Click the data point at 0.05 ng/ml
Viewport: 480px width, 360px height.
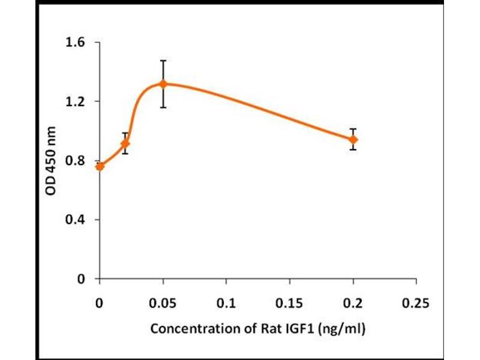[163, 84]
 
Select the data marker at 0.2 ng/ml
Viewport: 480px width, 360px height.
[353, 139]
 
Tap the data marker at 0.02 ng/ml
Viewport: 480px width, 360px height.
[125, 144]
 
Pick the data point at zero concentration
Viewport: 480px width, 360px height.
[100, 166]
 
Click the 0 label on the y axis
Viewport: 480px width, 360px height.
[81, 279]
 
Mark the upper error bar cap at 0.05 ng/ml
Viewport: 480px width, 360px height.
[163, 61]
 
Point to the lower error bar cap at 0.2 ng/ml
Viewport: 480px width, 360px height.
[353, 149]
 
